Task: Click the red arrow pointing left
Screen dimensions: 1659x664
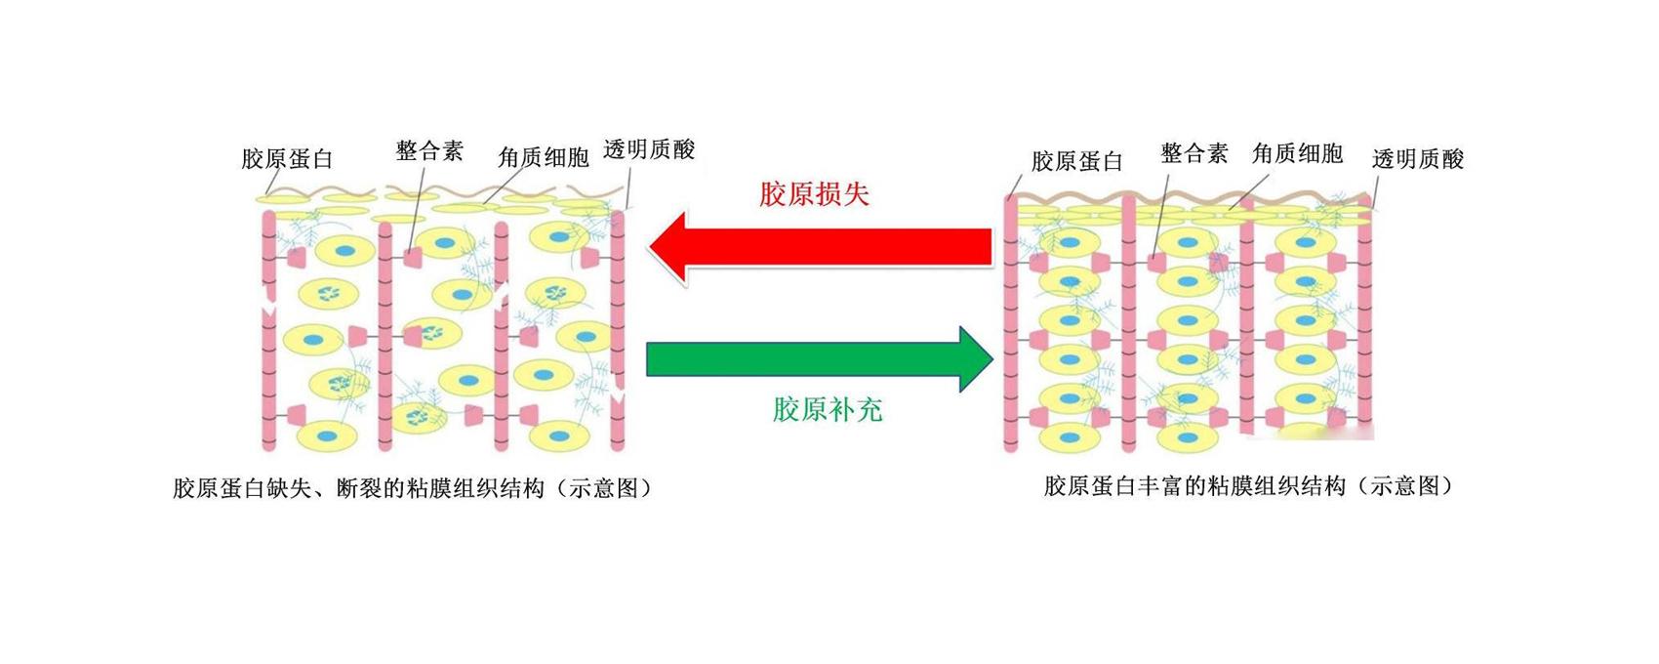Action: click(x=820, y=247)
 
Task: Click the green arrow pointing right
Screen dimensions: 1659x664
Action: click(x=820, y=359)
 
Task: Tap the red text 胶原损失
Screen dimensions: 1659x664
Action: click(x=814, y=194)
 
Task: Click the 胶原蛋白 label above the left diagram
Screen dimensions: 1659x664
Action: click(x=287, y=159)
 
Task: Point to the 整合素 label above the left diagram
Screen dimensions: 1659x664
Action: click(x=428, y=151)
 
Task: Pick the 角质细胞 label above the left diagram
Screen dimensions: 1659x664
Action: click(x=544, y=157)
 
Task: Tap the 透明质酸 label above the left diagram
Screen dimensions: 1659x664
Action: click(x=650, y=149)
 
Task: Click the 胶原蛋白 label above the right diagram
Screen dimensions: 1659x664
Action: click(x=1076, y=161)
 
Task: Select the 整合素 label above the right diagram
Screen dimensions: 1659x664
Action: click(x=1194, y=154)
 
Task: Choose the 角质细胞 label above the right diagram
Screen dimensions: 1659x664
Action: click(x=1298, y=153)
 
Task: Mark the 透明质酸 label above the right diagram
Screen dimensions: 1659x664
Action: click(x=1418, y=159)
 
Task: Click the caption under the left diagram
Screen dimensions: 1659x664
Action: click(x=413, y=488)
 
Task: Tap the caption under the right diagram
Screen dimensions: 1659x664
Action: click(x=1248, y=486)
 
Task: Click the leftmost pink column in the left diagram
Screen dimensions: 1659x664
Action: click(x=268, y=330)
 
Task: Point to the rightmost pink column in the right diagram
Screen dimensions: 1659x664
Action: click(x=1365, y=318)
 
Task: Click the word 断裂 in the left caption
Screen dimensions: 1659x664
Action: click(x=358, y=488)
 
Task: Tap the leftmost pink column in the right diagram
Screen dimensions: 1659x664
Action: click(x=1011, y=323)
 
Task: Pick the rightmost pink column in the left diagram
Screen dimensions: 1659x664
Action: click(x=618, y=330)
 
